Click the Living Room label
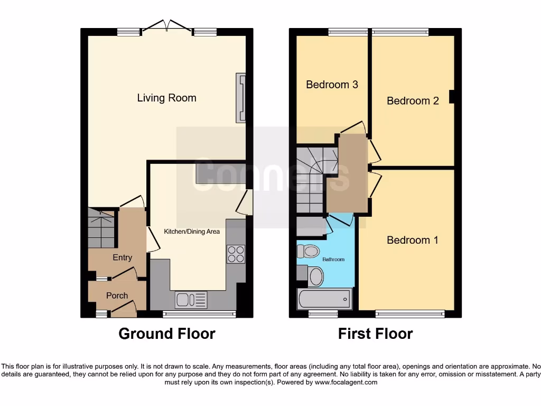[x=166, y=98]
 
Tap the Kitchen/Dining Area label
[x=191, y=232]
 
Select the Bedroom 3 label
[x=332, y=85]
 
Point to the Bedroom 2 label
[x=413, y=100]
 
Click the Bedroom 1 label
[x=413, y=240]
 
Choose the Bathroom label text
[x=333, y=260]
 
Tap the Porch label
[x=117, y=296]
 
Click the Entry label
[x=122, y=257]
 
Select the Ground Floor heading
[x=166, y=334]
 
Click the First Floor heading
[x=375, y=334]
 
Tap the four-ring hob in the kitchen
[x=236, y=254]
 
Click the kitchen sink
[x=191, y=300]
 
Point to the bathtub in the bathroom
[x=324, y=299]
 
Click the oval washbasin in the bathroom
[x=316, y=276]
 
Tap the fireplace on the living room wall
[x=242, y=98]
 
